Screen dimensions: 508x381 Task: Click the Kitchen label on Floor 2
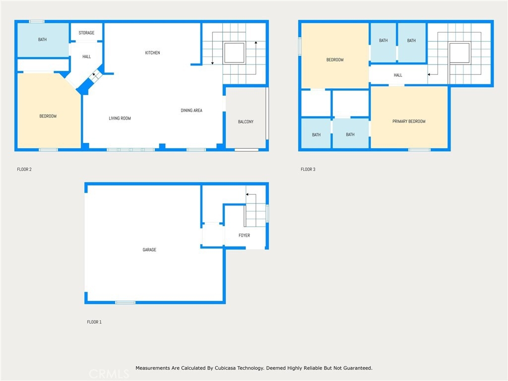click(x=152, y=53)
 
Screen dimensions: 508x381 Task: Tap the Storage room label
click(x=86, y=33)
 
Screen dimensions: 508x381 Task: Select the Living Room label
click(x=120, y=118)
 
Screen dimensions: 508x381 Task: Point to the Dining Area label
click(x=191, y=111)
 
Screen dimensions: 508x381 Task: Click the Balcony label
click(x=246, y=122)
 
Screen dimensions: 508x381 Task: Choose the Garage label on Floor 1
click(x=149, y=250)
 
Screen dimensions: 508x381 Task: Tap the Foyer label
click(x=244, y=236)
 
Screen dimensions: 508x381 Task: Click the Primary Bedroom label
click(x=409, y=122)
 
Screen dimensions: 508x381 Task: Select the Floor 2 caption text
click(x=24, y=170)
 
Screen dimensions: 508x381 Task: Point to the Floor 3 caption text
click(x=308, y=170)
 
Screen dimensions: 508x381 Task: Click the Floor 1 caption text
click(x=94, y=322)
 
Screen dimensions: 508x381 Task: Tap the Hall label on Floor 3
click(x=398, y=75)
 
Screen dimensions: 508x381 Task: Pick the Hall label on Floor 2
click(x=86, y=57)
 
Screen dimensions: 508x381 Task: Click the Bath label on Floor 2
click(x=43, y=40)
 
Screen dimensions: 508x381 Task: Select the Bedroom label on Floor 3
click(x=335, y=60)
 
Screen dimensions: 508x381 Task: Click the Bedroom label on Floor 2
click(x=48, y=116)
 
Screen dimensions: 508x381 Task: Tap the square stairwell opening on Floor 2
click(x=234, y=53)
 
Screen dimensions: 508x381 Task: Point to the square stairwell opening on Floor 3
click(x=459, y=53)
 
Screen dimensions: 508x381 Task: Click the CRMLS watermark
click(x=109, y=374)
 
